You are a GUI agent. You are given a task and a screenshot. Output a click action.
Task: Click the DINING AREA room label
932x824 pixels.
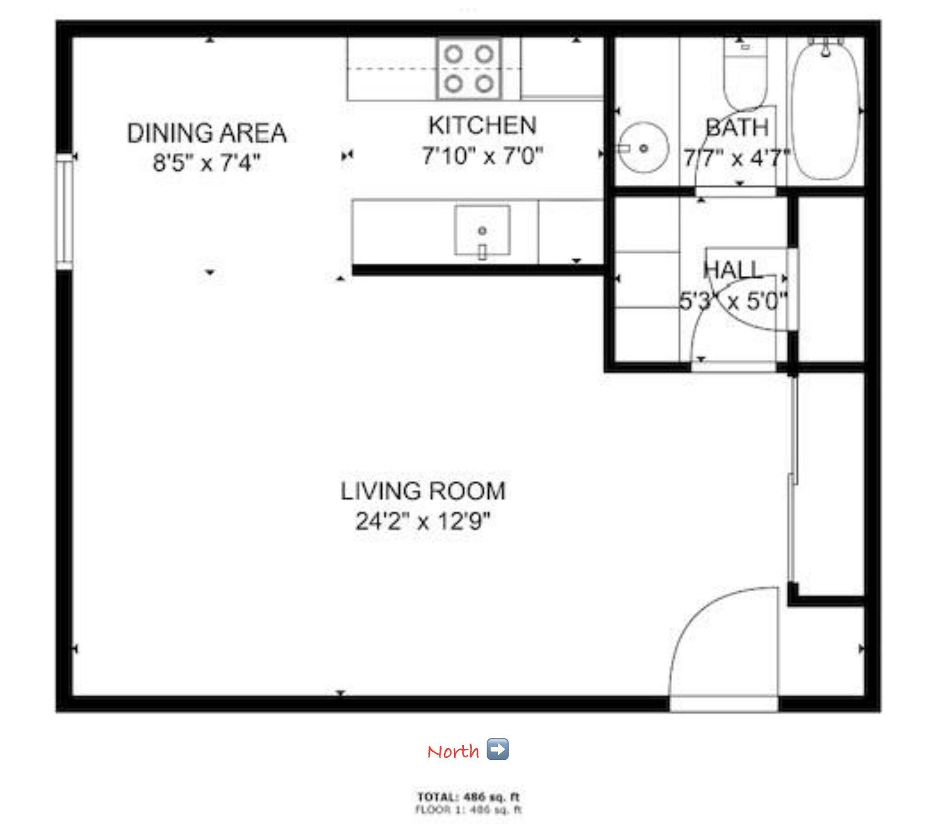pyautogui.click(x=207, y=134)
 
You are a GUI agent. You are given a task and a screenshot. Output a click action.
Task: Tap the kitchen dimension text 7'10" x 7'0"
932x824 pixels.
pyautogui.click(x=482, y=156)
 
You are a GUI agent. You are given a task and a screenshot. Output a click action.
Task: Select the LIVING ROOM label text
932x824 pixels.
pyautogui.click(x=423, y=491)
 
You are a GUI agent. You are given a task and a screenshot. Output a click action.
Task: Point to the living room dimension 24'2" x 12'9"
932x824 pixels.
pyautogui.click(x=423, y=521)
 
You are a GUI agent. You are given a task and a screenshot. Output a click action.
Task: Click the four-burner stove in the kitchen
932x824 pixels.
pyautogui.click(x=469, y=69)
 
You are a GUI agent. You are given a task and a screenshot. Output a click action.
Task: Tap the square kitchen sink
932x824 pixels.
pyautogui.click(x=482, y=231)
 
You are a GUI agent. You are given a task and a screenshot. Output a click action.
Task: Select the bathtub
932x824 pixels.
pyautogui.click(x=826, y=110)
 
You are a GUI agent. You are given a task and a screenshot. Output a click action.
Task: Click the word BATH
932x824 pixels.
pyautogui.click(x=737, y=128)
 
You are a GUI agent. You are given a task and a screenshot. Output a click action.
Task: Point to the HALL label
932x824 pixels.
pyautogui.click(x=733, y=270)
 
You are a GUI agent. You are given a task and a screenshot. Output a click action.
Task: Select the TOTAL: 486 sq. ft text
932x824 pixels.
pyautogui.click(x=468, y=797)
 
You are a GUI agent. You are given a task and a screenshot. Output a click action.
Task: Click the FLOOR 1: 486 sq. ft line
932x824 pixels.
pyautogui.click(x=468, y=809)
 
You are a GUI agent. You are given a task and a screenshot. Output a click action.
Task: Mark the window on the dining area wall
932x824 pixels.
pyautogui.click(x=65, y=211)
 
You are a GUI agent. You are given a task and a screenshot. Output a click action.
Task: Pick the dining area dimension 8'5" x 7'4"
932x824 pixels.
pyautogui.click(x=207, y=163)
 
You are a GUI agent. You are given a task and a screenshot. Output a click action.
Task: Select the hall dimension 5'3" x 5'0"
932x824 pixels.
pyautogui.click(x=733, y=301)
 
